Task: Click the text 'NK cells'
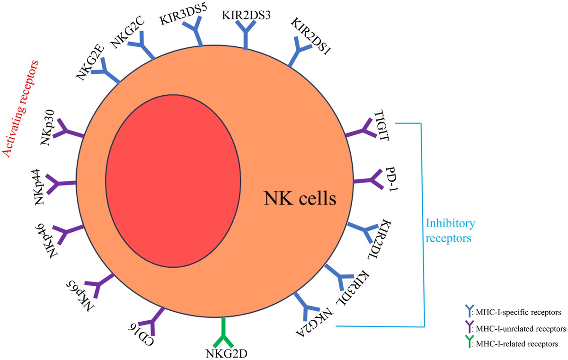click(x=300, y=198)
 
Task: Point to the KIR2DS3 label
click(x=246, y=15)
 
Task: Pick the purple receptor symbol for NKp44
click(x=61, y=182)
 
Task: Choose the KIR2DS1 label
click(x=311, y=36)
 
